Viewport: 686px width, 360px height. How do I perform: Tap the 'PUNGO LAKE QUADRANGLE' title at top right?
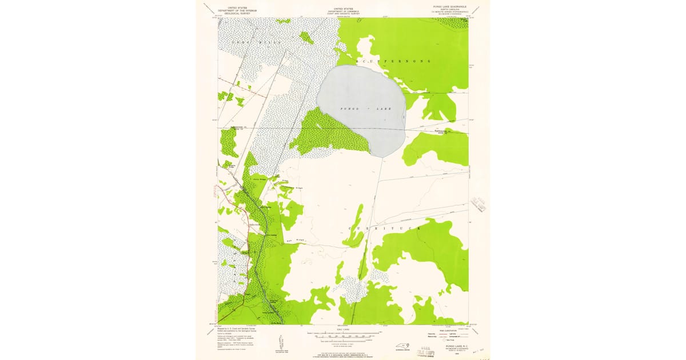tap(449, 6)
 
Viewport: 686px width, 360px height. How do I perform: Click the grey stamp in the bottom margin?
tap(428, 347)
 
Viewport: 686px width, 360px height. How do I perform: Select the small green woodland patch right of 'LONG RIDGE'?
tap(306, 38)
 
